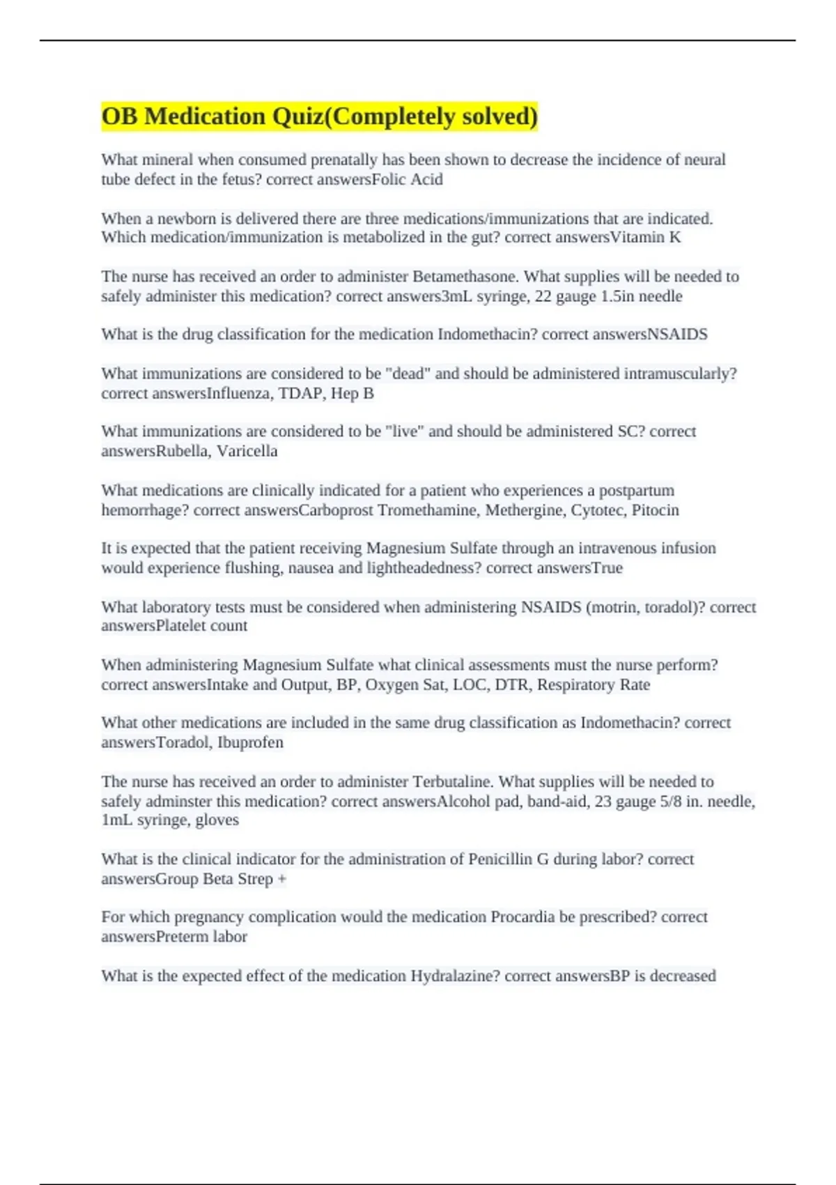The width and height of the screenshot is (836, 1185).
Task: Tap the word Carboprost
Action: (x=335, y=510)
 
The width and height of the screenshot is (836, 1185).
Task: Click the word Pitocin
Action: (x=656, y=510)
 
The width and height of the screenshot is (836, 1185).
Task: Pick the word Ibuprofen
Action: (x=251, y=742)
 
